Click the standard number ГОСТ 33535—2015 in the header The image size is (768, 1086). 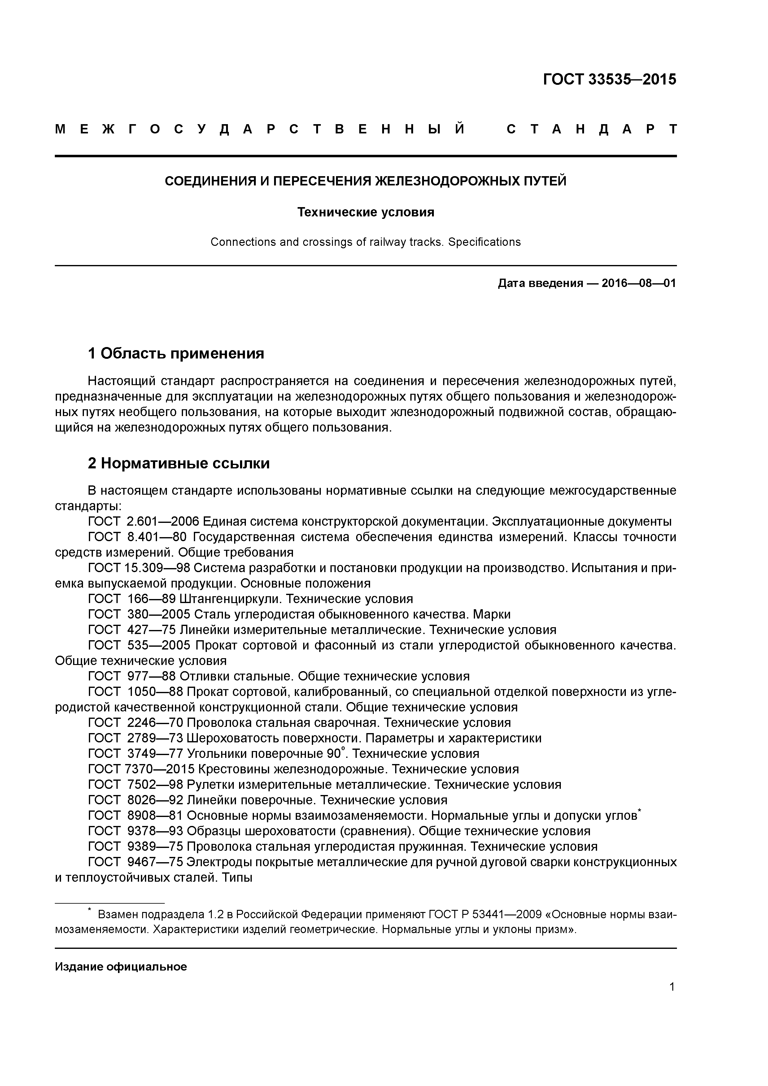(x=609, y=80)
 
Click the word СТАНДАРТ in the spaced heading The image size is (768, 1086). (x=591, y=129)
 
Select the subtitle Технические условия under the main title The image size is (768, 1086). (x=365, y=212)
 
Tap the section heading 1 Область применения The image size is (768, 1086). (x=176, y=353)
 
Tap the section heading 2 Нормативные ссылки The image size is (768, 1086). (x=179, y=463)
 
